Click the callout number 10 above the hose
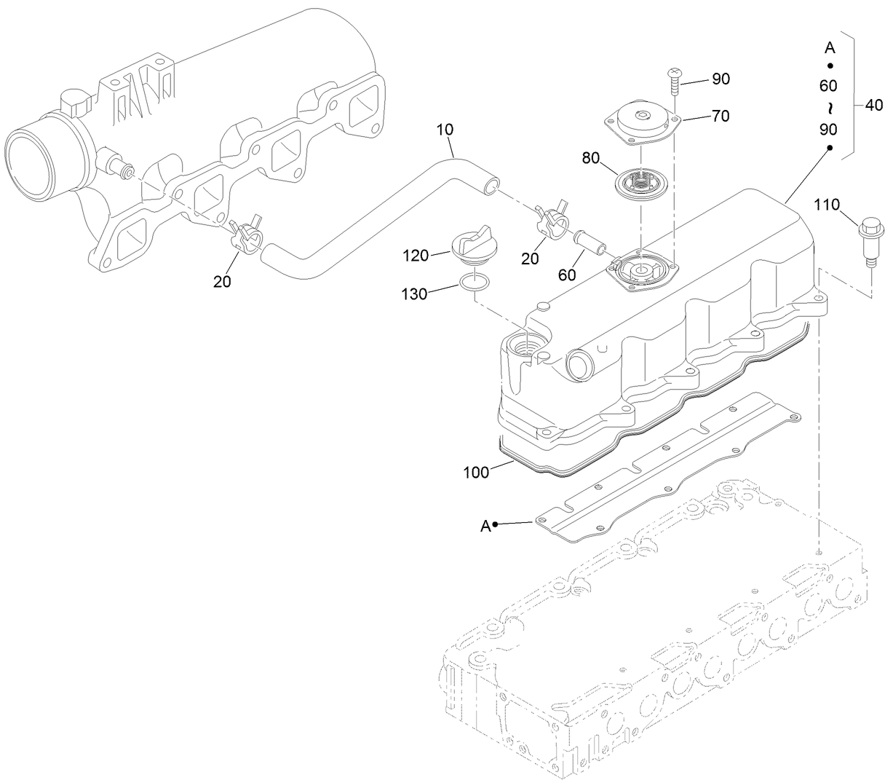tap(445, 130)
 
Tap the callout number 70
tap(721, 116)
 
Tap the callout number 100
tap(476, 473)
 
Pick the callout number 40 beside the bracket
tap(873, 106)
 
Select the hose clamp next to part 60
tap(551, 217)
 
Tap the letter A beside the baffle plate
tap(485, 525)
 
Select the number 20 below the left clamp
tap(222, 281)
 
